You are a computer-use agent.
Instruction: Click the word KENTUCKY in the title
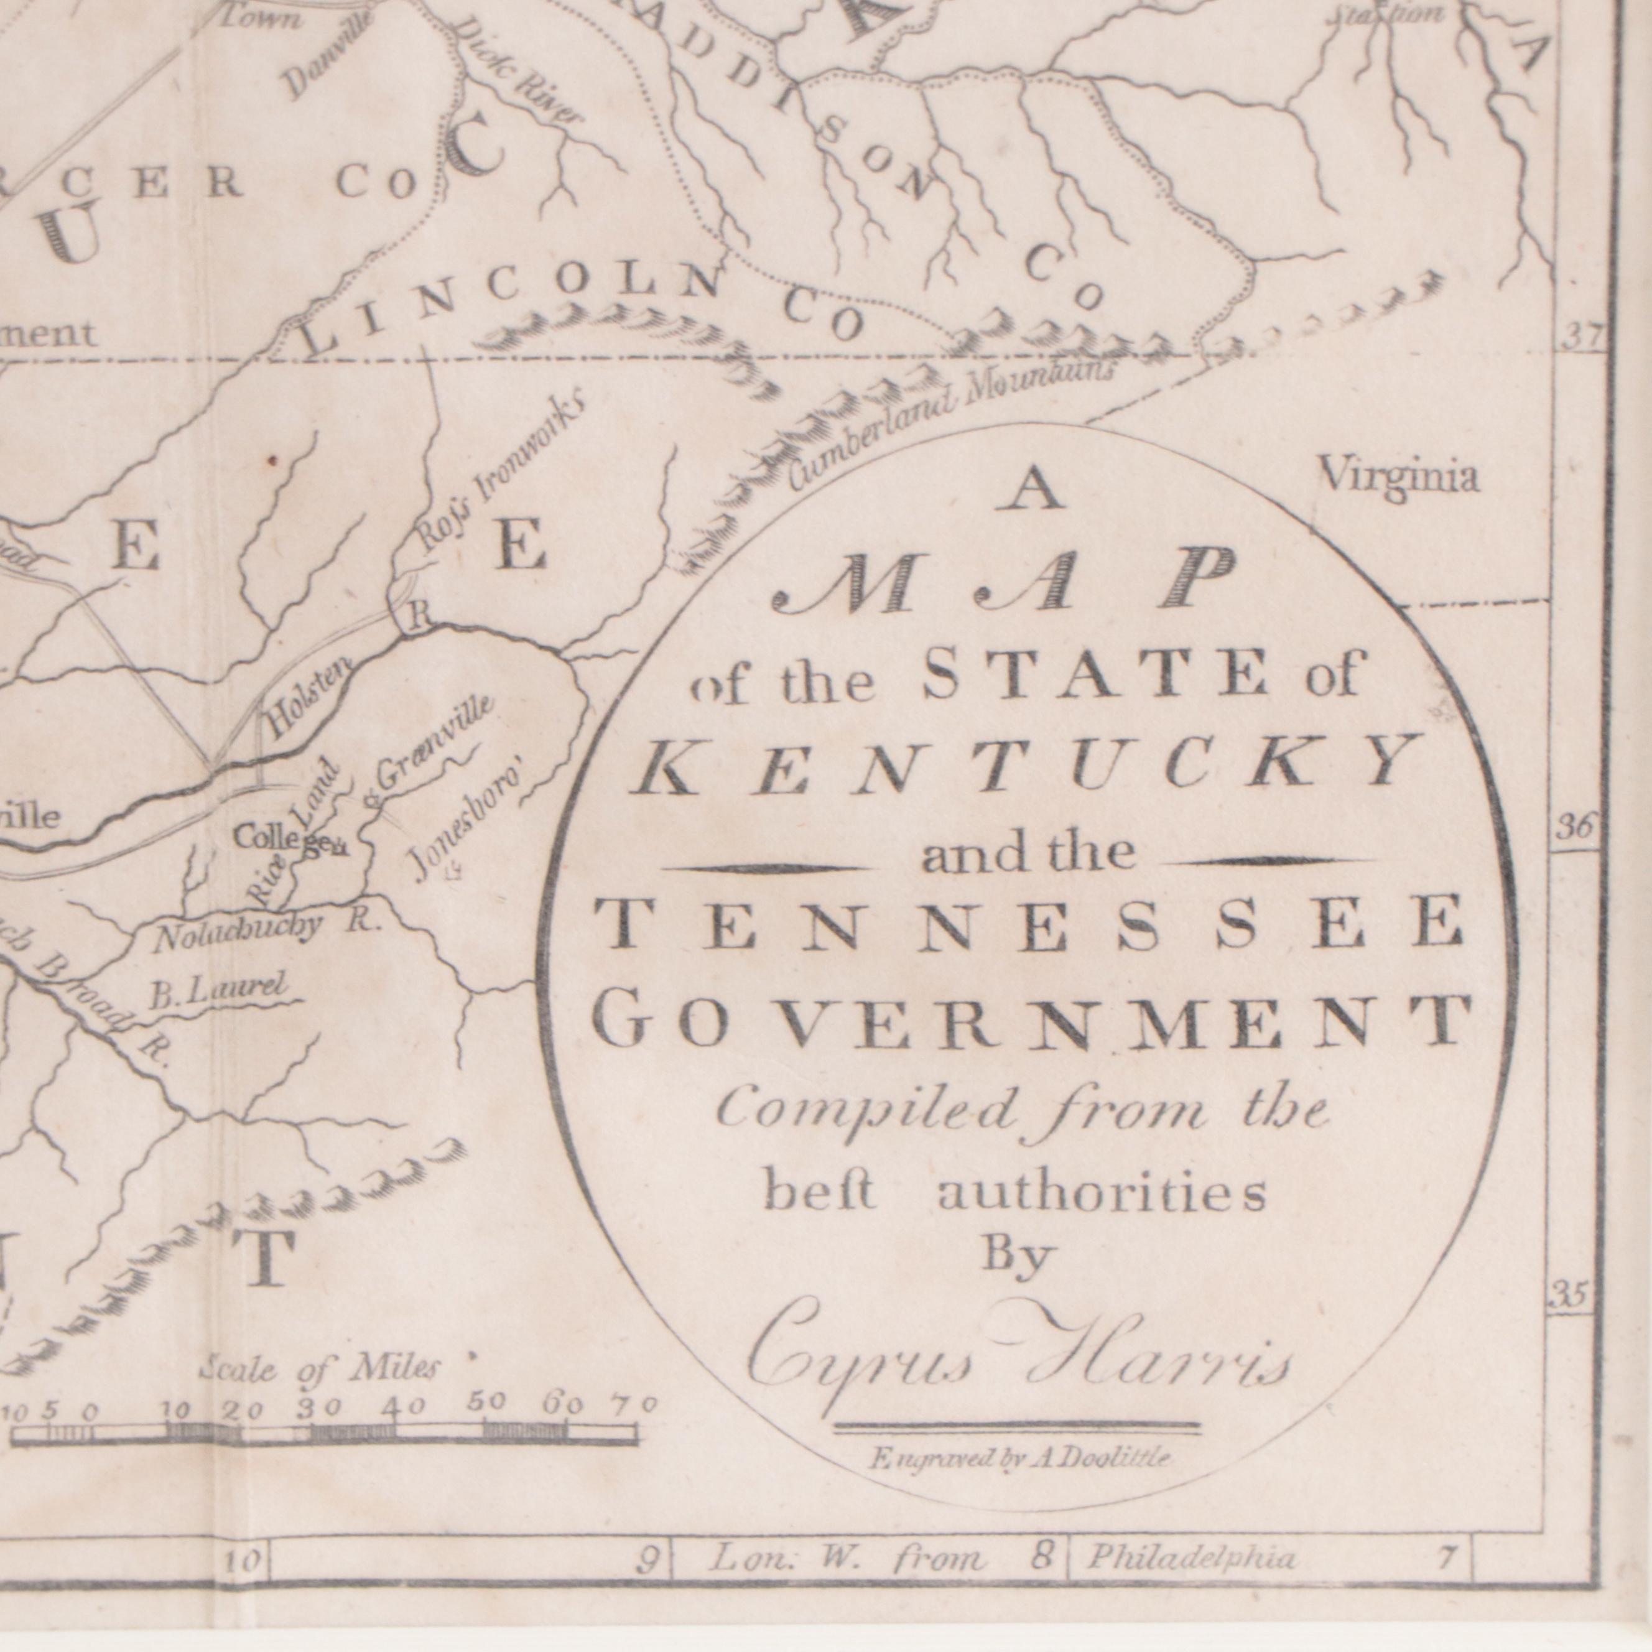(1023, 764)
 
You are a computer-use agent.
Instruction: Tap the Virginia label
(1399, 476)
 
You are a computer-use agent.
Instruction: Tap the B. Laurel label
(215, 993)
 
